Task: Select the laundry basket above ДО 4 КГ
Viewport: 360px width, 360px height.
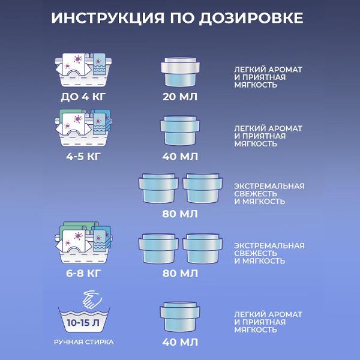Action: pyautogui.click(x=81, y=70)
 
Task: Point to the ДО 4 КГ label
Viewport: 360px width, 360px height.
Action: pyautogui.click(x=81, y=97)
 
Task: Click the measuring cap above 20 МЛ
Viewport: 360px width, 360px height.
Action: pyautogui.click(x=180, y=72)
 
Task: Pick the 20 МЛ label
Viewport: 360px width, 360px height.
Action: pyautogui.click(x=180, y=97)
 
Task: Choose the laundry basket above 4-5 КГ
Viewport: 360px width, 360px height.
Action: pyautogui.click(x=81, y=129)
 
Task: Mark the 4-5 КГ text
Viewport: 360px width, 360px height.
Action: pyautogui.click(x=81, y=156)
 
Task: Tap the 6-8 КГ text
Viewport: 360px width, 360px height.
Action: pyautogui.click(x=81, y=274)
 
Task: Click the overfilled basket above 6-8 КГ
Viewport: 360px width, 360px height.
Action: pyautogui.click(x=81, y=244)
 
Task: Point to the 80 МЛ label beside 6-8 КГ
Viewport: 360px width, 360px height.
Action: pyautogui.click(x=180, y=274)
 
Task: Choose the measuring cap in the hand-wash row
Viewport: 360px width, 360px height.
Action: pyautogui.click(x=180, y=317)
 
